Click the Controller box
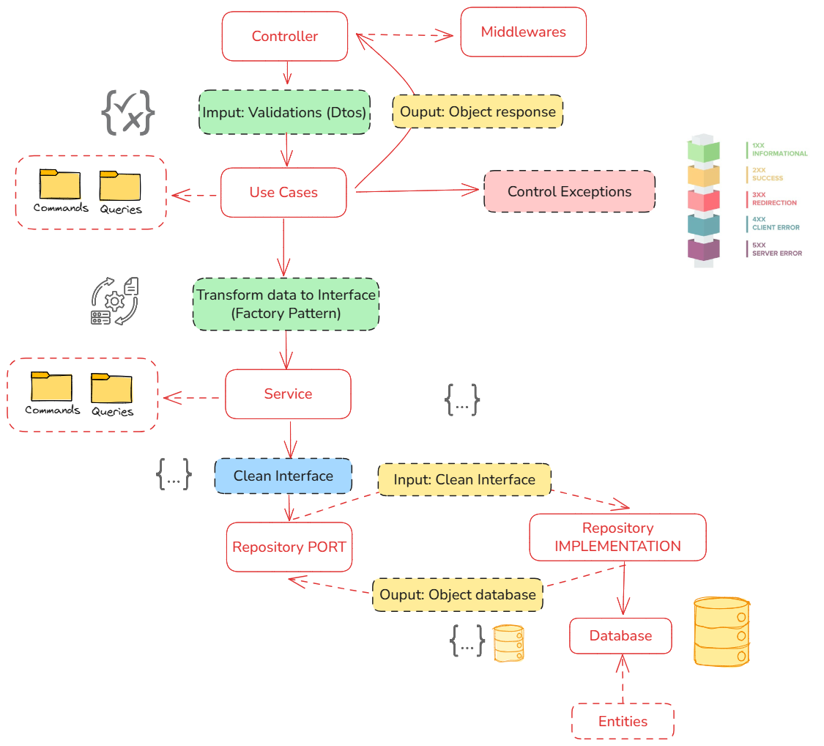pyautogui.click(x=284, y=36)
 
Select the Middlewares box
pyautogui.click(x=523, y=32)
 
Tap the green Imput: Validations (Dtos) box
pyautogui.click(x=284, y=112)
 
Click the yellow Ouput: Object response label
pyautogui.click(x=478, y=112)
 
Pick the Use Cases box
pyautogui.click(x=283, y=192)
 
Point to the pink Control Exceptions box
pyautogui.click(x=569, y=191)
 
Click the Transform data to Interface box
pyautogui.click(x=286, y=304)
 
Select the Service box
pyautogui.click(x=288, y=394)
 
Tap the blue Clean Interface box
pyautogui.click(x=283, y=476)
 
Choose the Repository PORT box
pyautogui.click(x=289, y=547)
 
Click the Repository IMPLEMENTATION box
pyautogui.click(x=617, y=537)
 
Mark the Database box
pyautogui.click(x=620, y=635)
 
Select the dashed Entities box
pyautogui.click(x=623, y=721)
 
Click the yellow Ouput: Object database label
pyautogui.click(x=458, y=594)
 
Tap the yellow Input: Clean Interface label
pyautogui.click(x=464, y=479)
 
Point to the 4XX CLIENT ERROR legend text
pyautogui.click(x=775, y=223)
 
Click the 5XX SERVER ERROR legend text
pyautogui.click(x=776, y=249)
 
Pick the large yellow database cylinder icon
pyautogui.click(x=721, y=631)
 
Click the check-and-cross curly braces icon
pyautogui.click(x=127, y=112)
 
